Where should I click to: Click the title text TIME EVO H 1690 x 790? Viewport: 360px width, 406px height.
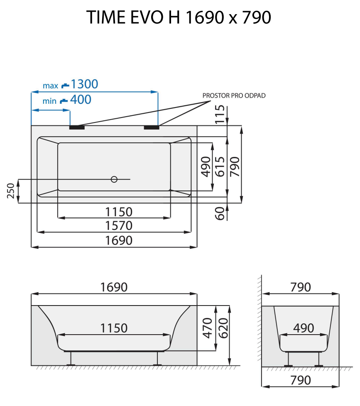179,17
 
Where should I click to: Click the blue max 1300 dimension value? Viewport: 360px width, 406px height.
84,84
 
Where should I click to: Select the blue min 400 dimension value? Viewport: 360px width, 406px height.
81,100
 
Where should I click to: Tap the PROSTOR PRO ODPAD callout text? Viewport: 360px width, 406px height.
234,95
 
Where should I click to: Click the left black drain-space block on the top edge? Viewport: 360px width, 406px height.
77,127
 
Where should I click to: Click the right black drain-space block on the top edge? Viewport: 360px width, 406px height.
151,127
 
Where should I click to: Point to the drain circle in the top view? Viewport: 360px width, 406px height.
114,179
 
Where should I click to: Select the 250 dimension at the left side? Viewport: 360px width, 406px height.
12,191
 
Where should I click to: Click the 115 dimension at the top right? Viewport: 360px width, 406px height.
220,115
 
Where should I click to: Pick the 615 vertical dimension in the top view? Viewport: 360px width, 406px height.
220,166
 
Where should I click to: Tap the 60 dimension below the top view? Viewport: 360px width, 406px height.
220,213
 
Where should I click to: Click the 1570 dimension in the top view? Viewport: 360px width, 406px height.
118,225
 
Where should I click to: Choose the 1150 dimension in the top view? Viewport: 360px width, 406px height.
118,212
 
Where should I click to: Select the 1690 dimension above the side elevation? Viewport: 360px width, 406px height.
114,287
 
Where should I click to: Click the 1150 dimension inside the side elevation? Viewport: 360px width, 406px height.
114,328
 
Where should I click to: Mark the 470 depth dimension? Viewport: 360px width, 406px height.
208,327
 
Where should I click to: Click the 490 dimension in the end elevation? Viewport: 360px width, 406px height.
303,328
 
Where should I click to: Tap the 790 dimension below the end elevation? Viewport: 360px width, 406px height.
301,380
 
